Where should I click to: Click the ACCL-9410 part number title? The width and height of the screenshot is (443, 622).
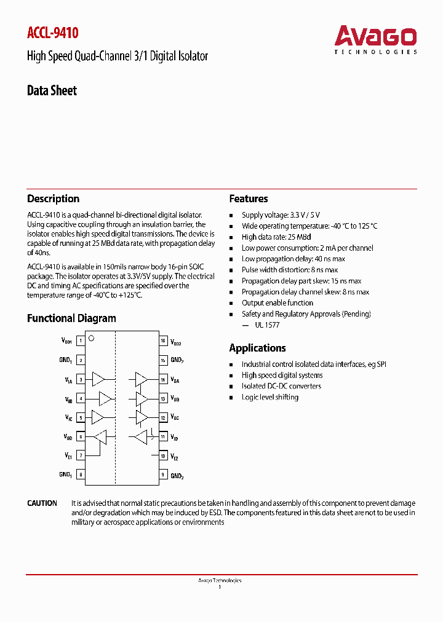click(53, 33)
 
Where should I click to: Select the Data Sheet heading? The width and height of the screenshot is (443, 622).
click(52, 91)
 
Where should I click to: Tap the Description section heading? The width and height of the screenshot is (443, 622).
click(53, 199)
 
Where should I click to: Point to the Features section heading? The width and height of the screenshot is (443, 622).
click(249, 199)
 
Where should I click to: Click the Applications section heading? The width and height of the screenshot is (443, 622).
click(257, 348)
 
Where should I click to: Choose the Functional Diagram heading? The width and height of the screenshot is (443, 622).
click(71, 318)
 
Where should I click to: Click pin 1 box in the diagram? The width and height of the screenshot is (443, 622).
click(81, 341)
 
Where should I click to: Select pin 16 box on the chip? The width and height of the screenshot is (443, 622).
click(163, 341)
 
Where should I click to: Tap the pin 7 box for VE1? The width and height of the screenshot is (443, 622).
click(81, 455)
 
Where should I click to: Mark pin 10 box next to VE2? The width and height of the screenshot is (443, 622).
click(163, 455)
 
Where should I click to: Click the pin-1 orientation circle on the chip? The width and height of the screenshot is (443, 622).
click(91, 338)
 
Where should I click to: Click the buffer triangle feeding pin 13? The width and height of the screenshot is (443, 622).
click(142, 399)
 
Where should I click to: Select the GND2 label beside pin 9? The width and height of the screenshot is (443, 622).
click(177, 475)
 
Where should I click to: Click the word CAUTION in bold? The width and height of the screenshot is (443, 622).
click(42, 503)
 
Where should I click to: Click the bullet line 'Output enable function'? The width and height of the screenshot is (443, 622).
click(277, 303)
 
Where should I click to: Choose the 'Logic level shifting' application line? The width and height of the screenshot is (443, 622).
click(269, 397)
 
